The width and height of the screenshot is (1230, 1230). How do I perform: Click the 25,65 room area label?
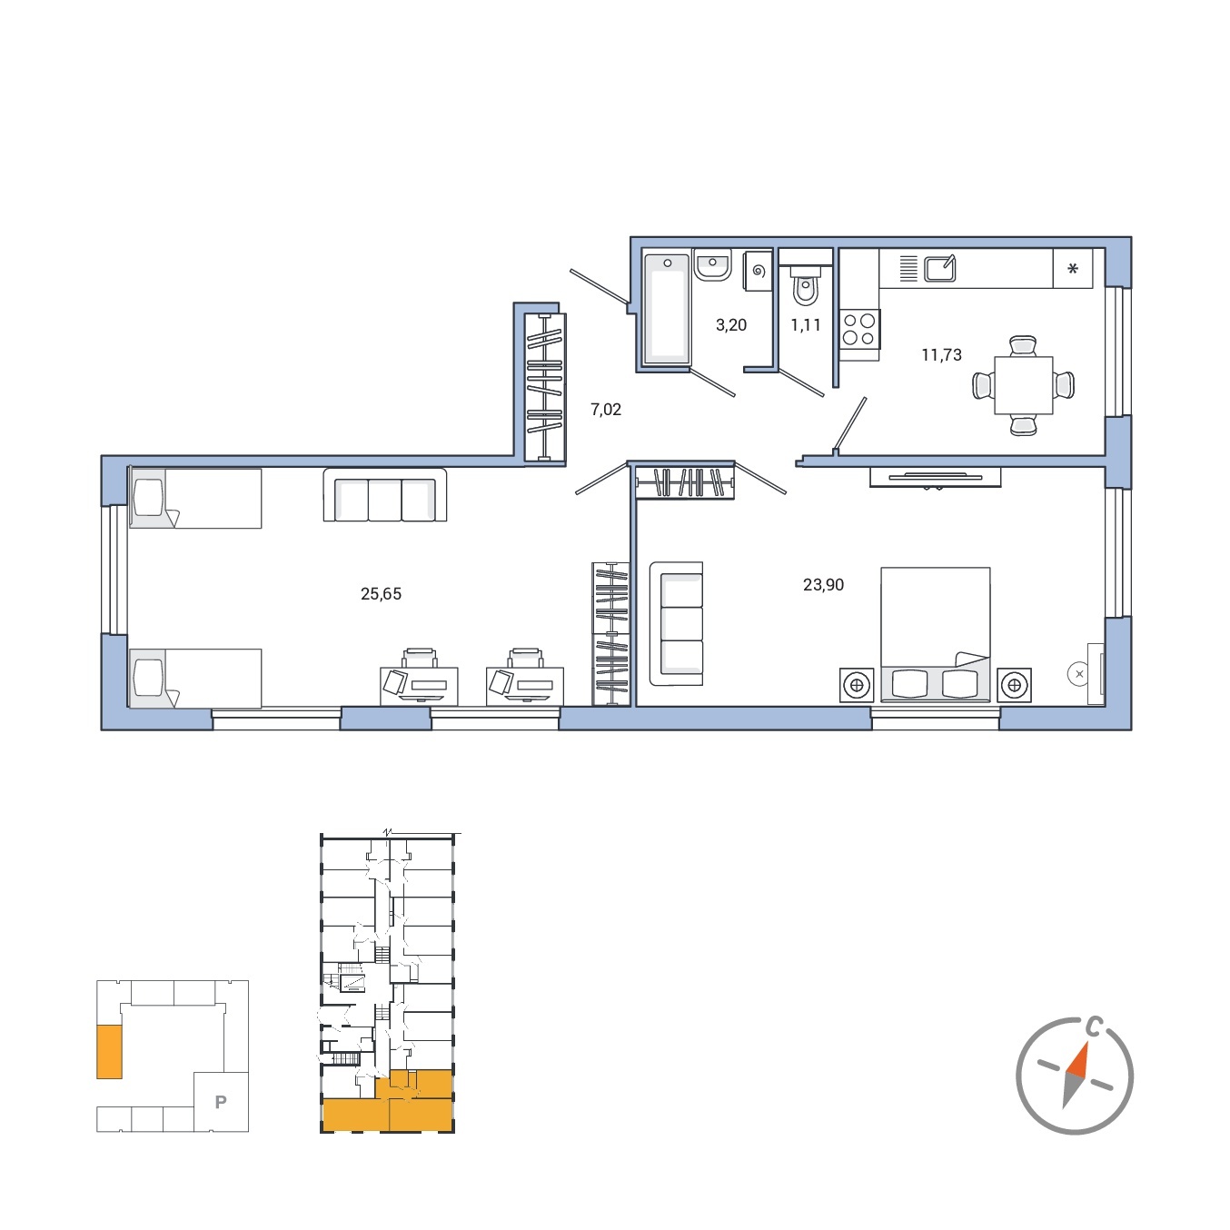(x=381, y=593)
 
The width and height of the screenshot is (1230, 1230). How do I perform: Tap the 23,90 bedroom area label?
(x=823, y=585)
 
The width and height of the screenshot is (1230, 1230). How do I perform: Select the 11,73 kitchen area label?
(x=941, y=354)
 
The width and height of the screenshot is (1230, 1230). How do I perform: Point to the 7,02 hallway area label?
(x=606, y=409)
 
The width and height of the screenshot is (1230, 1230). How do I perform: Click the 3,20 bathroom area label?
(x=731, y=325)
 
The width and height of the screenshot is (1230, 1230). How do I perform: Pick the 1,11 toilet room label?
(x=806, y=325)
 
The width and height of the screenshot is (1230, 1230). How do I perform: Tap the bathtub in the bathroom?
(x=667, y=309)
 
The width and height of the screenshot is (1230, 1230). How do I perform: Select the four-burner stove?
(x=859, y=330)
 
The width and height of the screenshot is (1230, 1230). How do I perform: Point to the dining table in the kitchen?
(x=1023, y=385)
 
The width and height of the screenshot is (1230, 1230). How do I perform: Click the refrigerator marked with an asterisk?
(x=1073, y=269)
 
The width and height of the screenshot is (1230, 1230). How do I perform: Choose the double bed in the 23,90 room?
(x=936, y=634)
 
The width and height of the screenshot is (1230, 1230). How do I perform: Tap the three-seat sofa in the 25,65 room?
(x=385, y=495)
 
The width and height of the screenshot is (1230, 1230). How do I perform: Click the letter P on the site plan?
(x=221, y=1102)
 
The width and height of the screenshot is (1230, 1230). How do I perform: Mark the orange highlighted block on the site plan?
(x=109, y=1052)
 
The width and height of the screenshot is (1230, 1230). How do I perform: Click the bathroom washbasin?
(x=712, y=265)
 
